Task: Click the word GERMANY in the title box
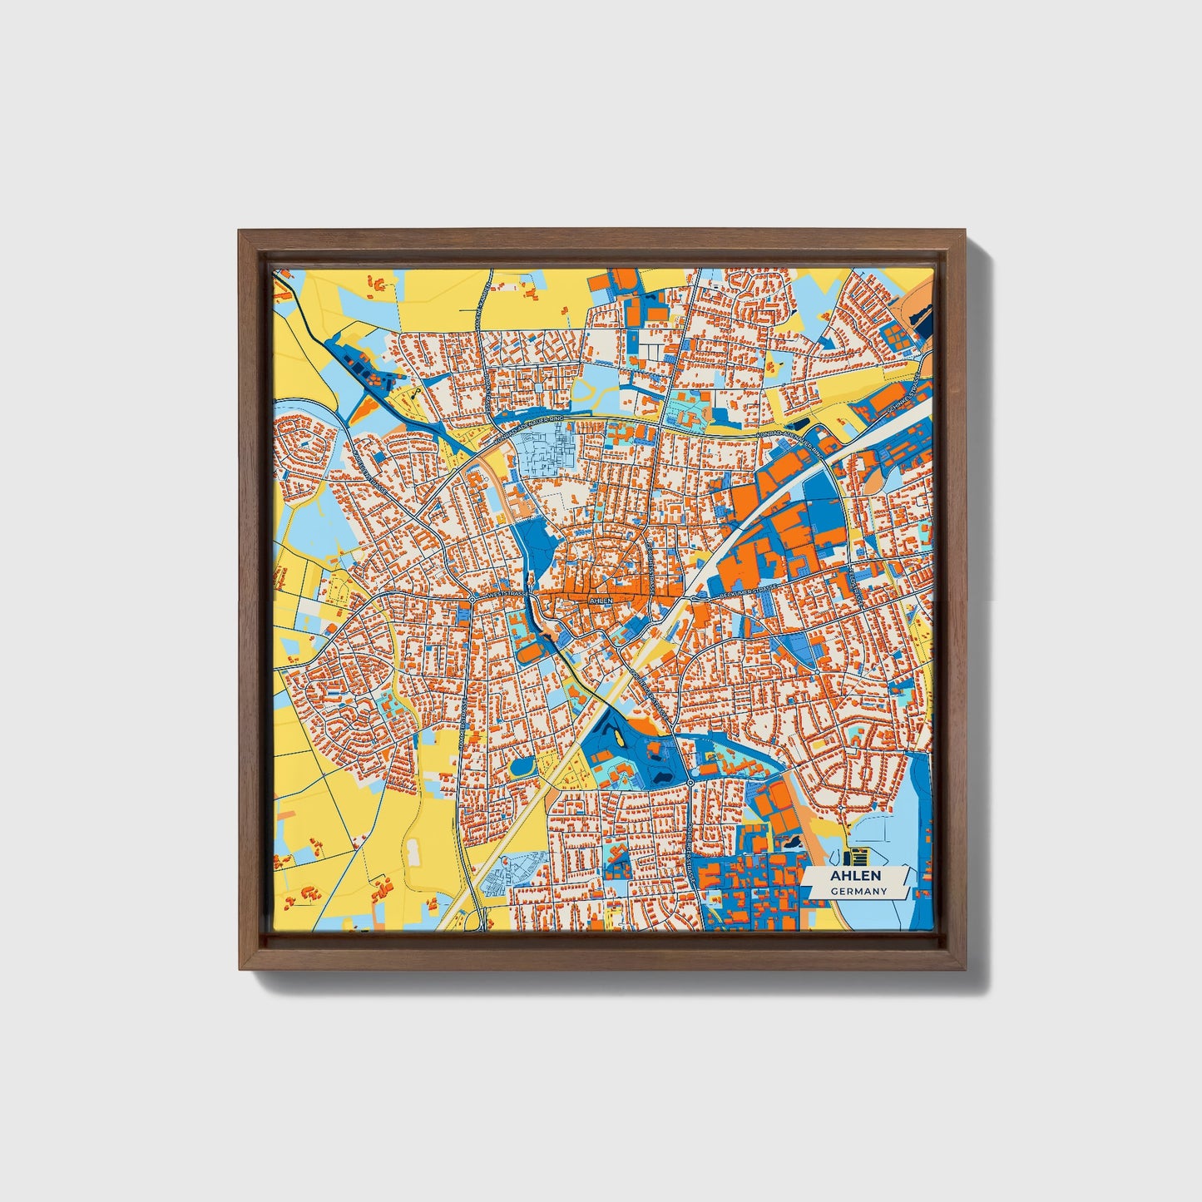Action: point(858,891)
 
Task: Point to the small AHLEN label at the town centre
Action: point(599,599)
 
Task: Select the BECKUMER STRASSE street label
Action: point(749,593)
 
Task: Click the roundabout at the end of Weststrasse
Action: point(472,598)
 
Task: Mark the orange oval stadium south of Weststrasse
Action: point(529,653)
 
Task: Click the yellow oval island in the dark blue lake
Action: point(619,738)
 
